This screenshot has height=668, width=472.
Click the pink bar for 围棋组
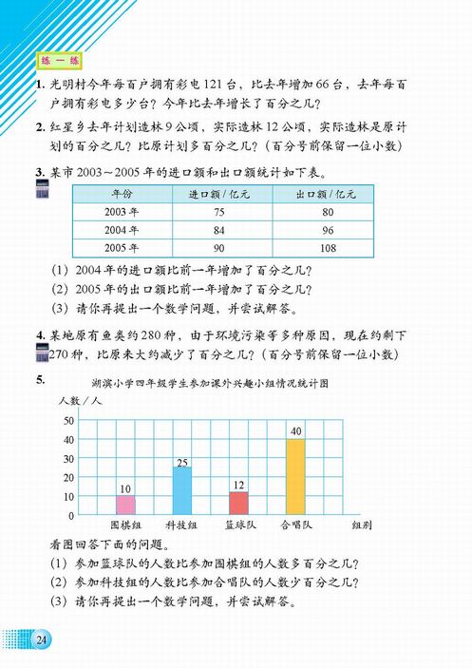125,505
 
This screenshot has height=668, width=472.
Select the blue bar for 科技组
181,490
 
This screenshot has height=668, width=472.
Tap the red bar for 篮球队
238,503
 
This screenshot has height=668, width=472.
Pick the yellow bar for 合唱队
295,476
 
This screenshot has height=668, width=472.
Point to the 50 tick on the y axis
67,420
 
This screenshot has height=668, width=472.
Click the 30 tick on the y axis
67,458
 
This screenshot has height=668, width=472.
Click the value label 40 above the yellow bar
295,431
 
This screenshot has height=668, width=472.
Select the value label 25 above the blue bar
181,461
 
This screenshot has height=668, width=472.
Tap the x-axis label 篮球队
238,525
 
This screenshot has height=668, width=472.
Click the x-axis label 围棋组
125,525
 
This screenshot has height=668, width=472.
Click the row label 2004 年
121,229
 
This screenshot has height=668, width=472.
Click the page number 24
42,639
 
